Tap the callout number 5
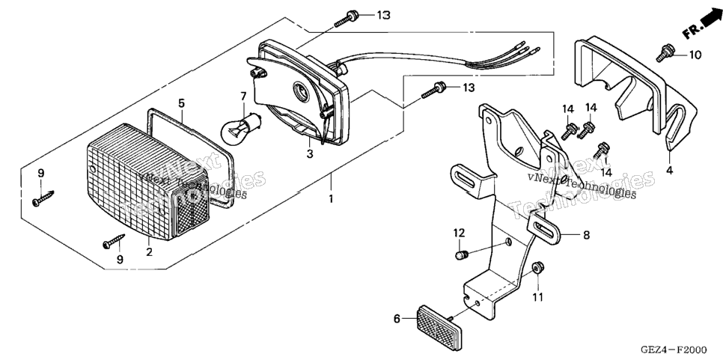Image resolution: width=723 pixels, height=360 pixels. point(181,103)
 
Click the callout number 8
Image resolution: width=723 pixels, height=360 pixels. point(586,235)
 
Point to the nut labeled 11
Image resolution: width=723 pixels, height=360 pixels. point(536,268)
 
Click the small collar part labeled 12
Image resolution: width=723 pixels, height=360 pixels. point(463,255)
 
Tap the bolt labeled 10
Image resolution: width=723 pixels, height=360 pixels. point(664,52)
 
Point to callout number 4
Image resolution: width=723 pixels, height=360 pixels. point(669,171)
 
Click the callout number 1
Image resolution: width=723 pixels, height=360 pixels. point(331,199)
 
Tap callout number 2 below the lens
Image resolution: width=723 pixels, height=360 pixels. point(149,252)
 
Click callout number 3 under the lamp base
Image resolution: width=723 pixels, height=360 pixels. point(310,154)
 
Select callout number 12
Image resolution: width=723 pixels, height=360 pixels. point(459,233)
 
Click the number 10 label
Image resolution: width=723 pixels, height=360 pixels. point(695,55)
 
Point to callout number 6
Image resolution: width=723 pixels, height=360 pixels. point(397,318)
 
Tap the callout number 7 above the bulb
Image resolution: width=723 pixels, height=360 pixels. point(243,97)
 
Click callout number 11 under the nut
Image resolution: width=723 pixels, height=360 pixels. point(537,297)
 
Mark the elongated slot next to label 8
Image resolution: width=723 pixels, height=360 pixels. point(545,228)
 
